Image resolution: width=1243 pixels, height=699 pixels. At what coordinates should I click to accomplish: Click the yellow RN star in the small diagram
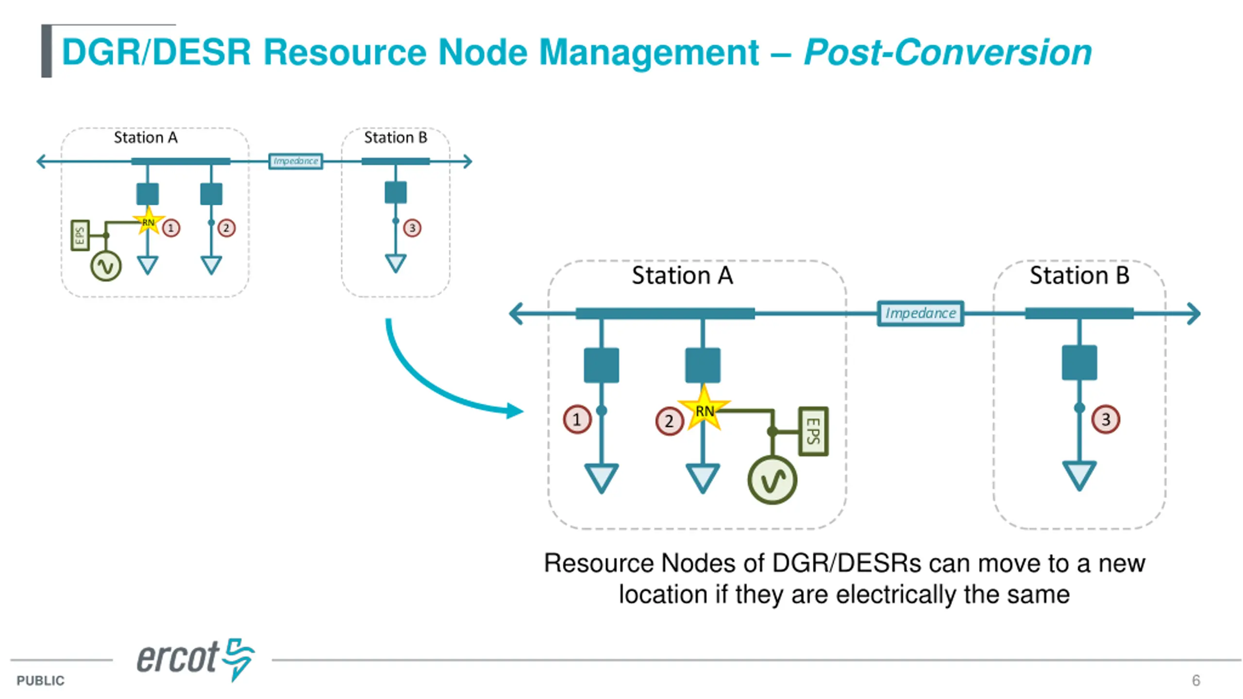(x=148, y=222)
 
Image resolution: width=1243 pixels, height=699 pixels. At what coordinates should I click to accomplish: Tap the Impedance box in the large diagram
(x=920, y=313)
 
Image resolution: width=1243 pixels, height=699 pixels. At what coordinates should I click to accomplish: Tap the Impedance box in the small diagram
(x=296, y=161)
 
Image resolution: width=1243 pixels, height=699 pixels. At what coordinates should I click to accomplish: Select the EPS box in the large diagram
(x=813, y=431)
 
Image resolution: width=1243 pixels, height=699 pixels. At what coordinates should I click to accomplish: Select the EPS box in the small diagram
(x=80, y=235)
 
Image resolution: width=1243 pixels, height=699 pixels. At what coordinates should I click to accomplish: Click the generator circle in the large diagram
(x=772, y=480)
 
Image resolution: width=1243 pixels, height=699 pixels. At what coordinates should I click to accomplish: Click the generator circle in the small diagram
(x=106, y=266)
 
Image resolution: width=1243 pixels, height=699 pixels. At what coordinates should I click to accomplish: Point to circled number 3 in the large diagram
(x=1106, y=419)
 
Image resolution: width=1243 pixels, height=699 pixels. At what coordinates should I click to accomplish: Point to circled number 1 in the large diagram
(x=577, y=419)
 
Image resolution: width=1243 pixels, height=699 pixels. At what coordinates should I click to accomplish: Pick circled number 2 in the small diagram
(x=226, y=228)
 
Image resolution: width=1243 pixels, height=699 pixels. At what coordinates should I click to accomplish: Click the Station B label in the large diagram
(x=1079, y=276)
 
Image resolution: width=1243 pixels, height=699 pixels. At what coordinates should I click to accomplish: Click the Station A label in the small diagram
(x=146, y=137)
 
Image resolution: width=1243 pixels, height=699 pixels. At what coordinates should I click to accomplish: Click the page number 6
(x=1196, y=680)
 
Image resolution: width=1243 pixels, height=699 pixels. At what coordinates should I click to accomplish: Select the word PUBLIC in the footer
(x=40, y=681)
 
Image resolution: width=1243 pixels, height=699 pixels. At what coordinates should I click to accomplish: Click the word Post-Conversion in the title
(x=947, y=52)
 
